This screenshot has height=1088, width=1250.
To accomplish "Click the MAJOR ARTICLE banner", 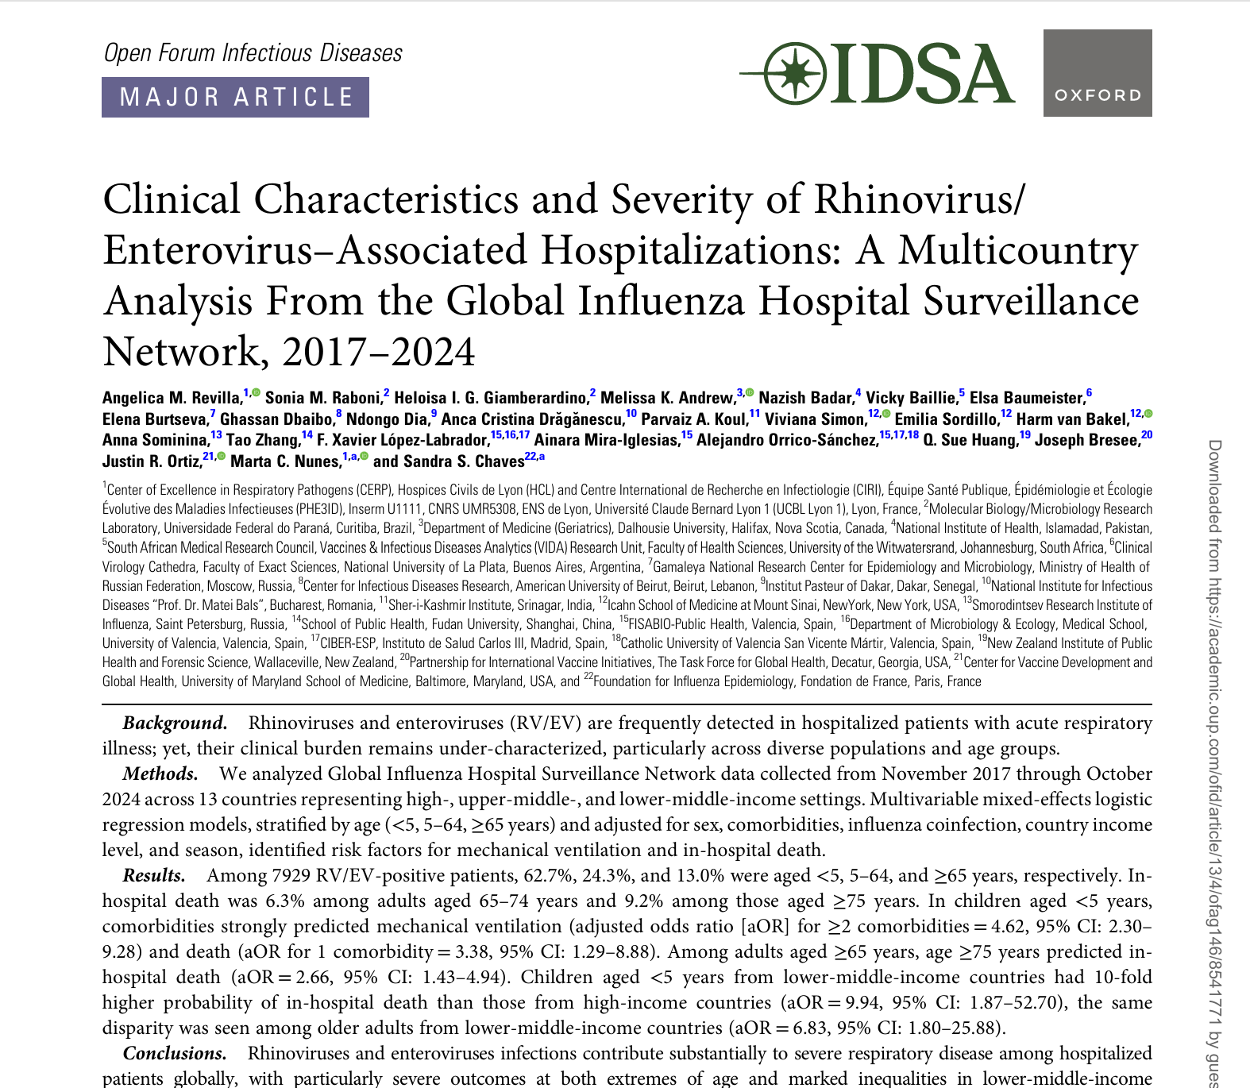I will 235,97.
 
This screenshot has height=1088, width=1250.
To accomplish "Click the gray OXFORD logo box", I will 1097,73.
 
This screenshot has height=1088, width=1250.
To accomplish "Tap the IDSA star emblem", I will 794,74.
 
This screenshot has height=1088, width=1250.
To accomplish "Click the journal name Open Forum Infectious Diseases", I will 253,53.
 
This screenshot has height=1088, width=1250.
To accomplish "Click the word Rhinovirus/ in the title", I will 920,199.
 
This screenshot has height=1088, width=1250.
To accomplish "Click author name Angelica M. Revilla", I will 172,398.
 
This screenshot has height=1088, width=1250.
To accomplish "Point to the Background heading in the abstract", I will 174,723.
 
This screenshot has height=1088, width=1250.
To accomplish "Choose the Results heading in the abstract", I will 153,875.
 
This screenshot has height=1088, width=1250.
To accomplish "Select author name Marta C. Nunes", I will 285,461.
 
